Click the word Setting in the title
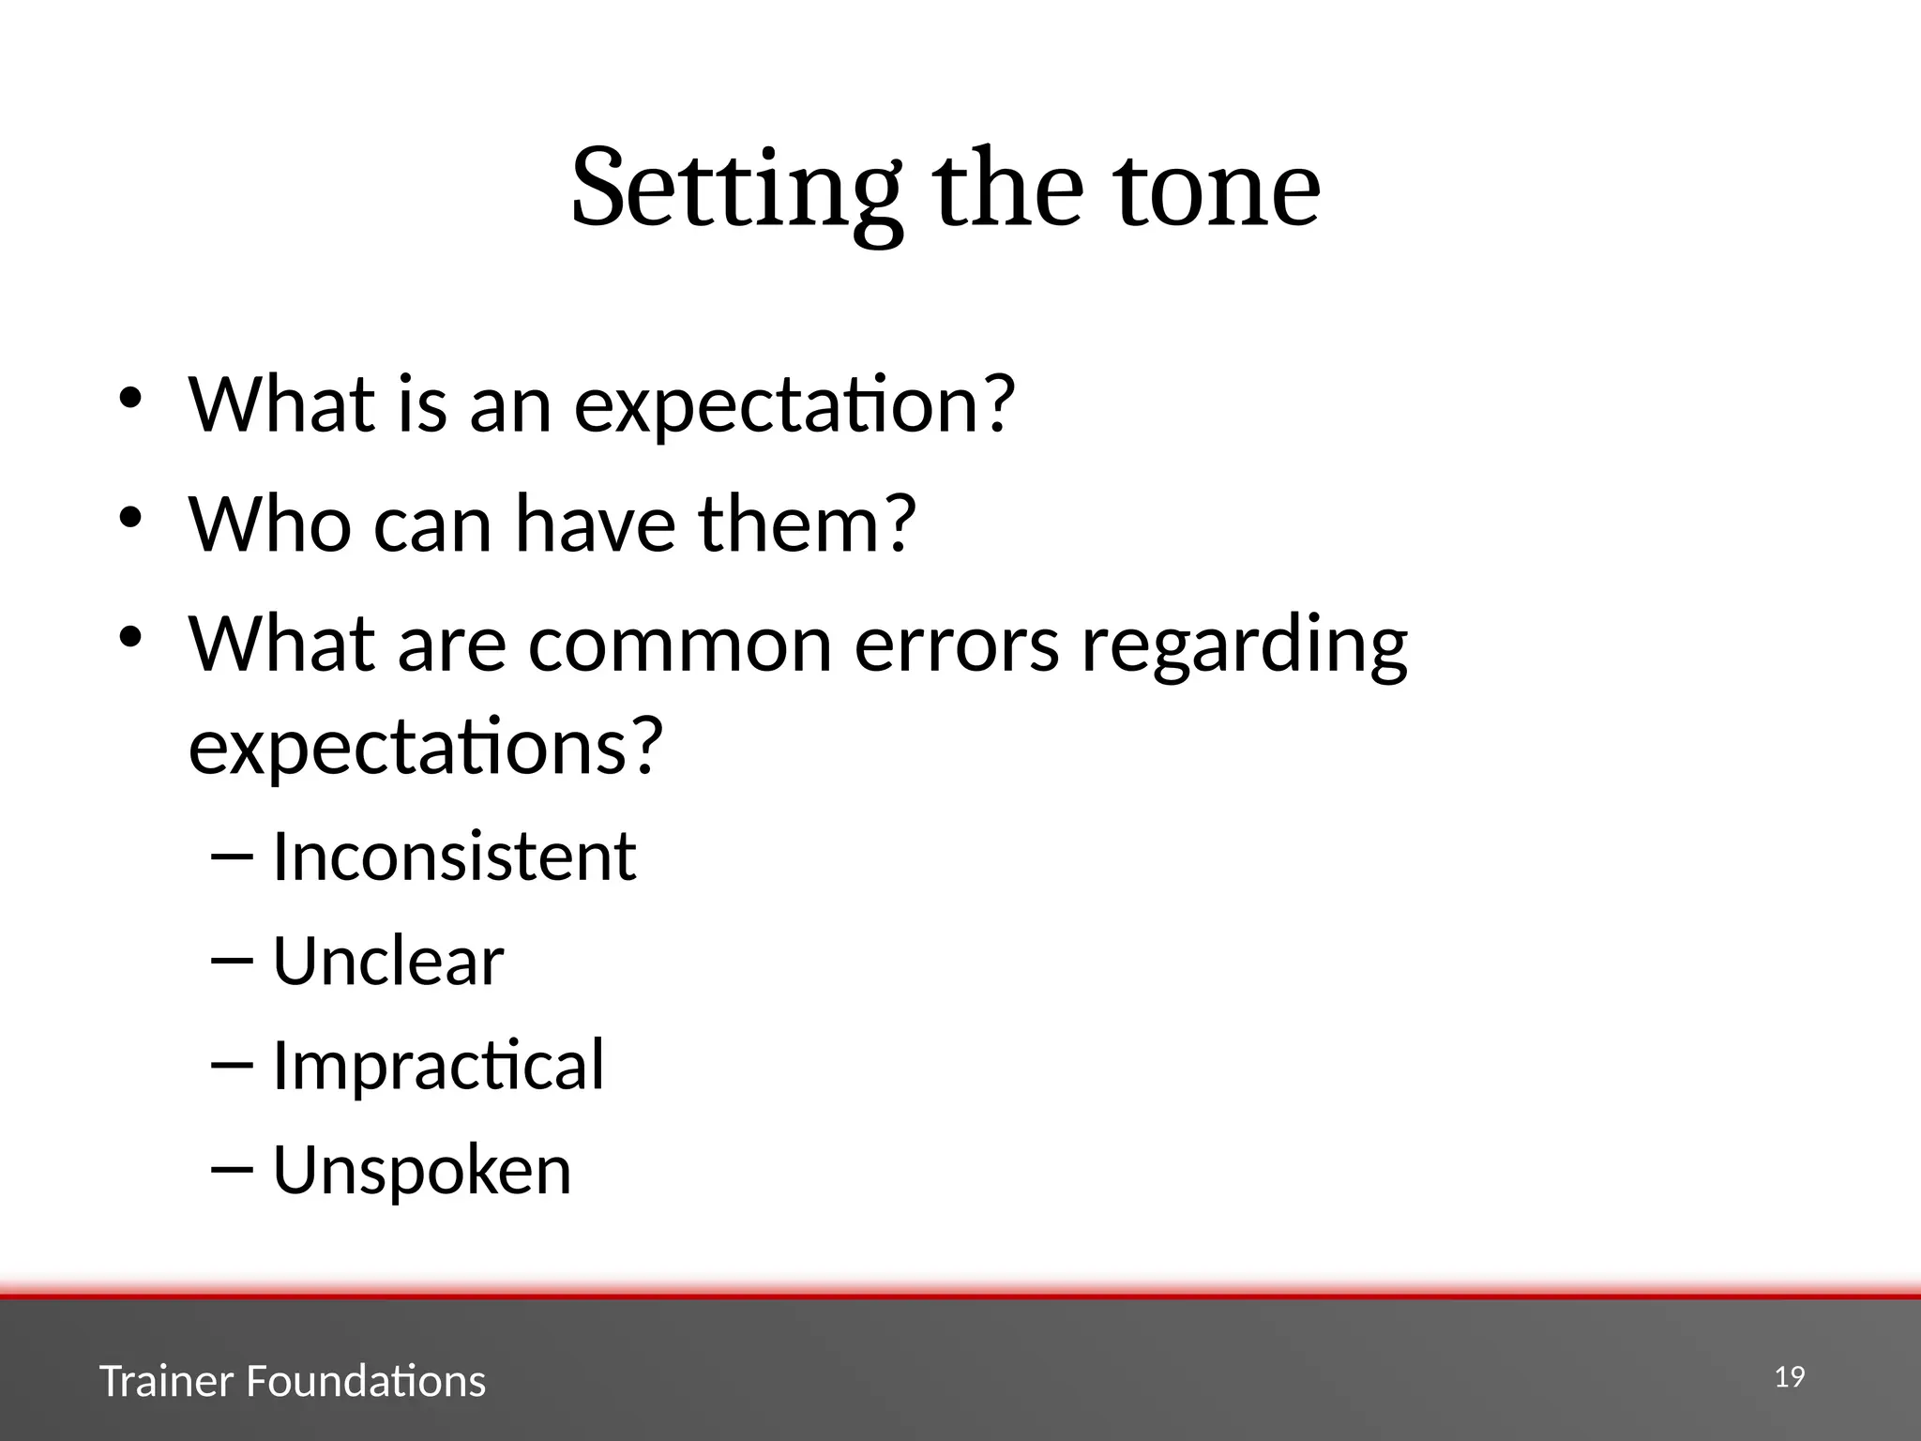pyautogui.click(x=736, y=188)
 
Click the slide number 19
pyautogui.click(x=1790, y=1377)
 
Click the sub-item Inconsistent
pyautogui.click(x=454, y=857)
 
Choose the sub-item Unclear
pyautogui.click(x=388, y=962)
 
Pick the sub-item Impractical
pyautogui.click(x=438, y=1067)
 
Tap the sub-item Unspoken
pyautogui.click(x=422, y=1171)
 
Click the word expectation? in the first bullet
pyautogui.click(x=794, y=405)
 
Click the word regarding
pyautogui.click(x=1244, y=647)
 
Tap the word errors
pyautogui.click(x=957, y=645)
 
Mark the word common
pyautogui.click(x=680, y=645)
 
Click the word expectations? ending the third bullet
pyautogui.click(x=426, y=747)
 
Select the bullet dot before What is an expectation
pyautogui.click(x=129, y=397)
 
